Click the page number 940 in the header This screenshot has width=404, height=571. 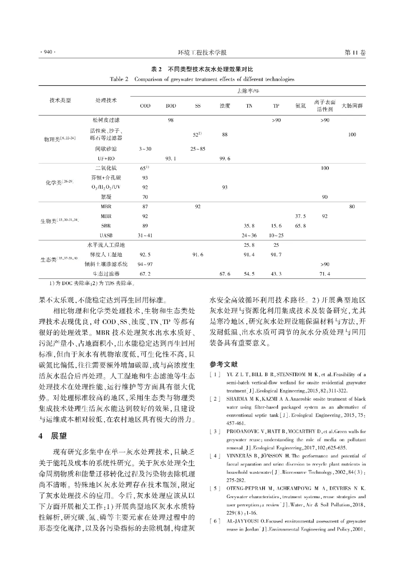tap(47, 53)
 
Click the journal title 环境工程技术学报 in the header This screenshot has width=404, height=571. tap(202, 53)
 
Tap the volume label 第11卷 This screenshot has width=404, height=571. tap(355, 53)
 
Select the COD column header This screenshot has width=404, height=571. tap(145, 106)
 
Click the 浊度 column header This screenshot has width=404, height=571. tap(225, 106)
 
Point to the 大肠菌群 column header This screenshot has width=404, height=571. tap(352, 106)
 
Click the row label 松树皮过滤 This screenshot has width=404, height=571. tap(106, 120)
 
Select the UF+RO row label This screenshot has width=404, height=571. tap(106, 158)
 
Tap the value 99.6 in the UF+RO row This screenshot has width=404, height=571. tap(225, 158)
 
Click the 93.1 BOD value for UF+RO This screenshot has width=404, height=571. tap(171, 158)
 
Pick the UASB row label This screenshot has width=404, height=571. tap(106, 235)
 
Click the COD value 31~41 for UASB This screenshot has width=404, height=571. tap(145, 235)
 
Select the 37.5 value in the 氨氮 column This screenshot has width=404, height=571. tap(300, 216)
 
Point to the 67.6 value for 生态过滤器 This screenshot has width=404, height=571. tap(225, 274)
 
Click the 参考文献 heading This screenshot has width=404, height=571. tap(223, 364)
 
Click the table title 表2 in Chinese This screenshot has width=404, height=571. tap(202, 69)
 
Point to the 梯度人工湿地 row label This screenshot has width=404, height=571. tap(106, 254)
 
